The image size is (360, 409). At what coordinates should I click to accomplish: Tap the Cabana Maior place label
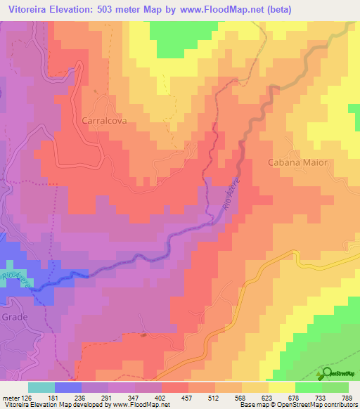click(x=298, y=162)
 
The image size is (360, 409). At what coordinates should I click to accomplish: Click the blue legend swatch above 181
click(x=67, y=387)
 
